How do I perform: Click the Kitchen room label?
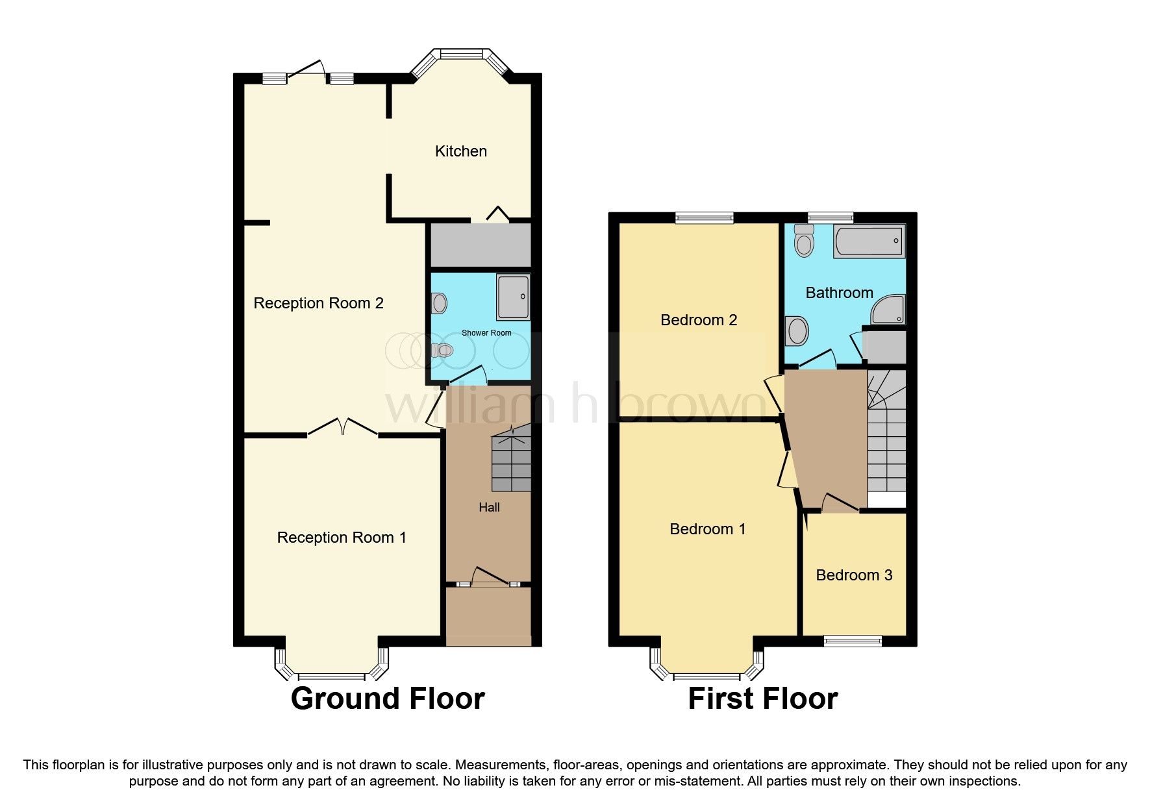[x=460, y=151]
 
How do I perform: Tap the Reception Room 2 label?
[x=318, y=303]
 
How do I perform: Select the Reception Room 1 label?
[x=342, y=538]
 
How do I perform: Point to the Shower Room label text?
[x=486, y=333]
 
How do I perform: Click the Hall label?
[x=489, y=508]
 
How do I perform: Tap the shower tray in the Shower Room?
[x=513, y=297]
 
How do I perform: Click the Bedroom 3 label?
[x=854, y=575]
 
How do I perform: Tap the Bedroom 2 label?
[x=699, y=320]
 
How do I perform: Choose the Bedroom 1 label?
[x=707, y=529]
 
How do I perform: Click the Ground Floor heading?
[x=388, y=699]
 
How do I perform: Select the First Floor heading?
[x=762, y=699]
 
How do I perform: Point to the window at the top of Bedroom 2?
[x=704, y=218]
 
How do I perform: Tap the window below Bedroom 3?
[x=853, y=641]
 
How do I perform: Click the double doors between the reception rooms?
[x=342, y=427]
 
